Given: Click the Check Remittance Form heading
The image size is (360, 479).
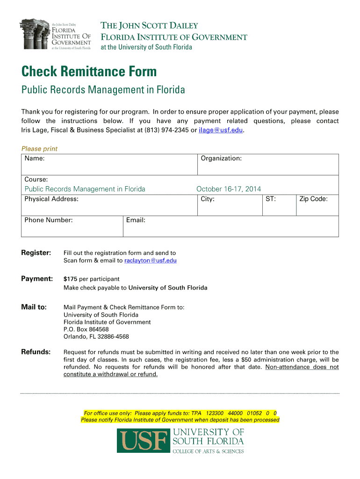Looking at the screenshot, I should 89,72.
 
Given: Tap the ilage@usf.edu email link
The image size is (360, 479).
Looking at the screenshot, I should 221,130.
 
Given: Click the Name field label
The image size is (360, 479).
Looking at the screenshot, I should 35,159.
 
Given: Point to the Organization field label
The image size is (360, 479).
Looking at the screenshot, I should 221,159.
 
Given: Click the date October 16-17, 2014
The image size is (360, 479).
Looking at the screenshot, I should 229,189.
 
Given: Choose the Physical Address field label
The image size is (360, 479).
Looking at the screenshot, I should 51,199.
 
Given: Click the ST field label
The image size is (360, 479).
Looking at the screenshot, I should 271,199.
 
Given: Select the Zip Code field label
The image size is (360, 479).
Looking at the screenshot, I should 313,199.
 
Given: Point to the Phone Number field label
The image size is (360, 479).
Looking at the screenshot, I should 49,220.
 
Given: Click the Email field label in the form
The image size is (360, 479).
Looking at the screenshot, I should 136,220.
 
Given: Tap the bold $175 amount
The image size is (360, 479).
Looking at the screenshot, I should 70,279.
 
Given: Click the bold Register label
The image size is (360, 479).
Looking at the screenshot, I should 36,253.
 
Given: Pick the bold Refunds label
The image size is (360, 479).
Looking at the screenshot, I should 36,352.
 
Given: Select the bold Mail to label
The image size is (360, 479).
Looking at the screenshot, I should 34,307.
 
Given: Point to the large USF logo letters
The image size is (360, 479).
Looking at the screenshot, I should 143,442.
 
